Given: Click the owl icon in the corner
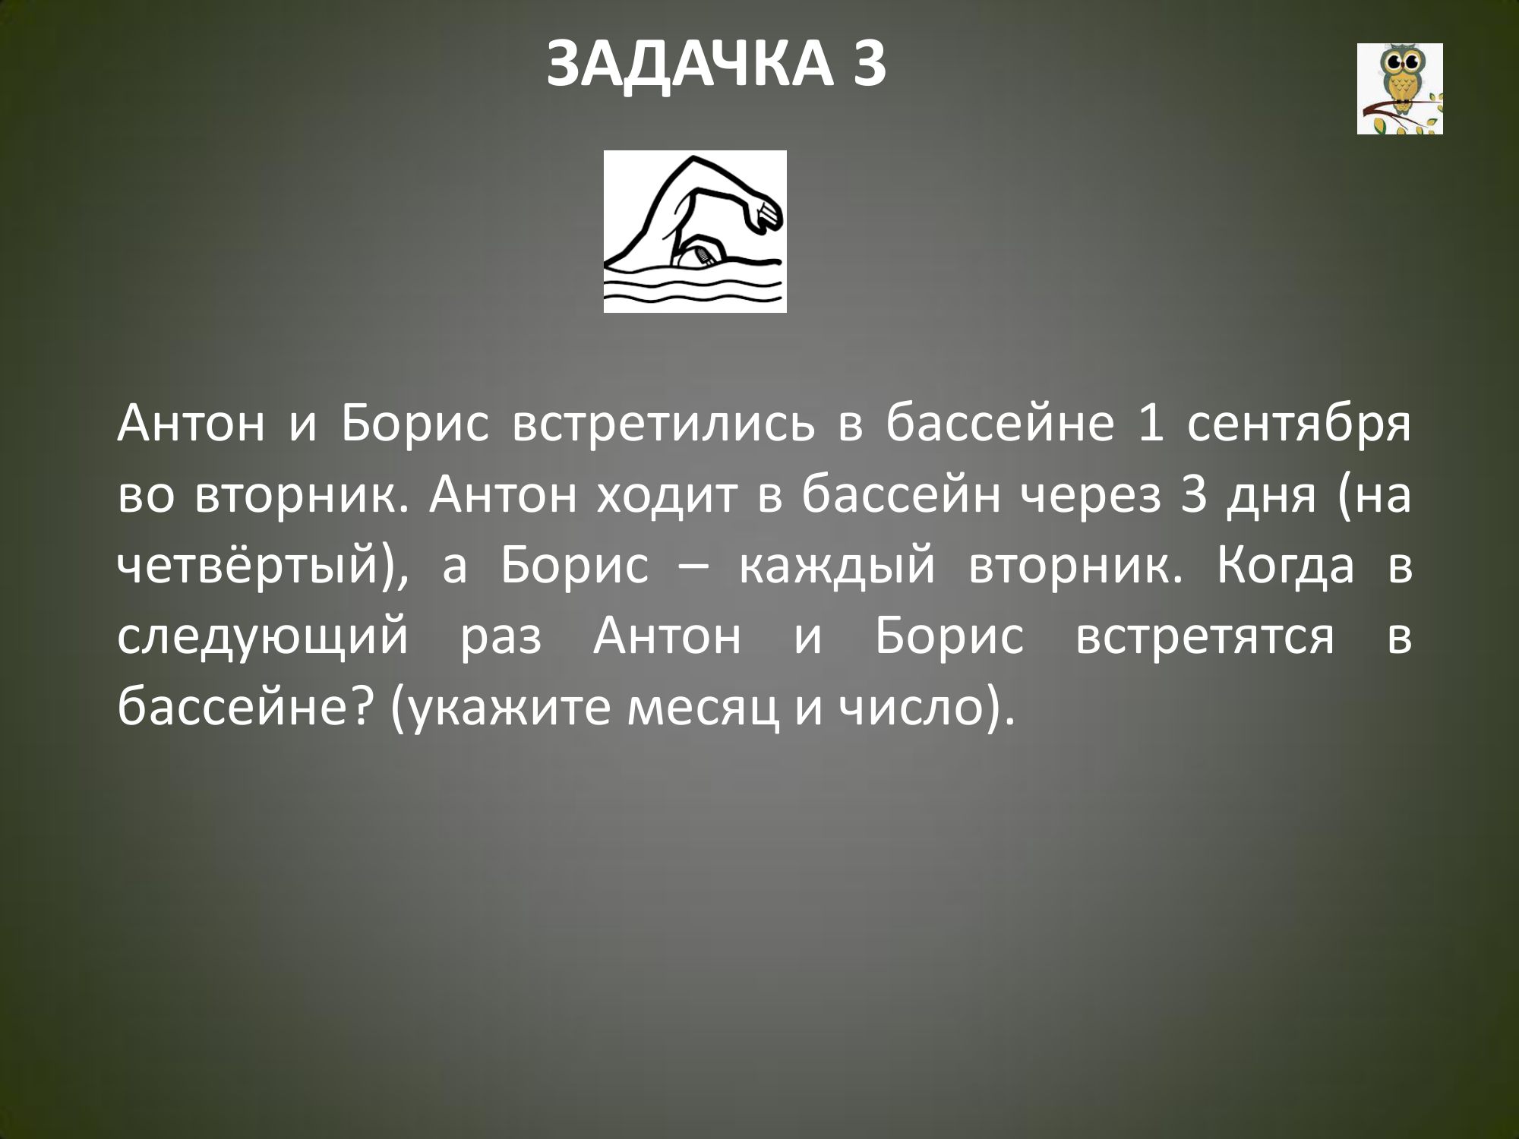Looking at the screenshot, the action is pos(1400,89).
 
